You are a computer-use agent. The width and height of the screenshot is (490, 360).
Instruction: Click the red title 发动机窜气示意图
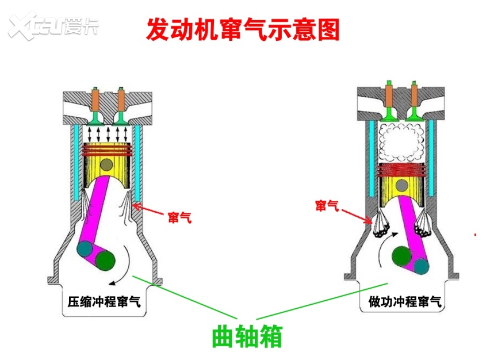(x=243, y=29)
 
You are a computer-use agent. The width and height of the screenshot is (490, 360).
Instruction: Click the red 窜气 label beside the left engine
(x=179, y=218)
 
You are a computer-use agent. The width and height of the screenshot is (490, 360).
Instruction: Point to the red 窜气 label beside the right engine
(x=327, y=205)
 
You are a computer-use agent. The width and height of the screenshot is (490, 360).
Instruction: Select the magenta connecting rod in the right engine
(x=410, y=230)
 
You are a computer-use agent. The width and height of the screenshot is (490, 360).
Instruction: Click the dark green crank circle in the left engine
(x=105, y=261)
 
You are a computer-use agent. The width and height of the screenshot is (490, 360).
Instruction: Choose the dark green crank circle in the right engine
(x=402, y=255)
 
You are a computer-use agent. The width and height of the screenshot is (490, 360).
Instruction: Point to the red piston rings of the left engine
(x=106, y=150)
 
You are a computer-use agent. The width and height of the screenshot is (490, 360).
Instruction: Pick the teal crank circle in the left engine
(x=85, y=249)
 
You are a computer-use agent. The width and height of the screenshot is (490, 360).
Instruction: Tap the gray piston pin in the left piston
(x=106, y=165)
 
